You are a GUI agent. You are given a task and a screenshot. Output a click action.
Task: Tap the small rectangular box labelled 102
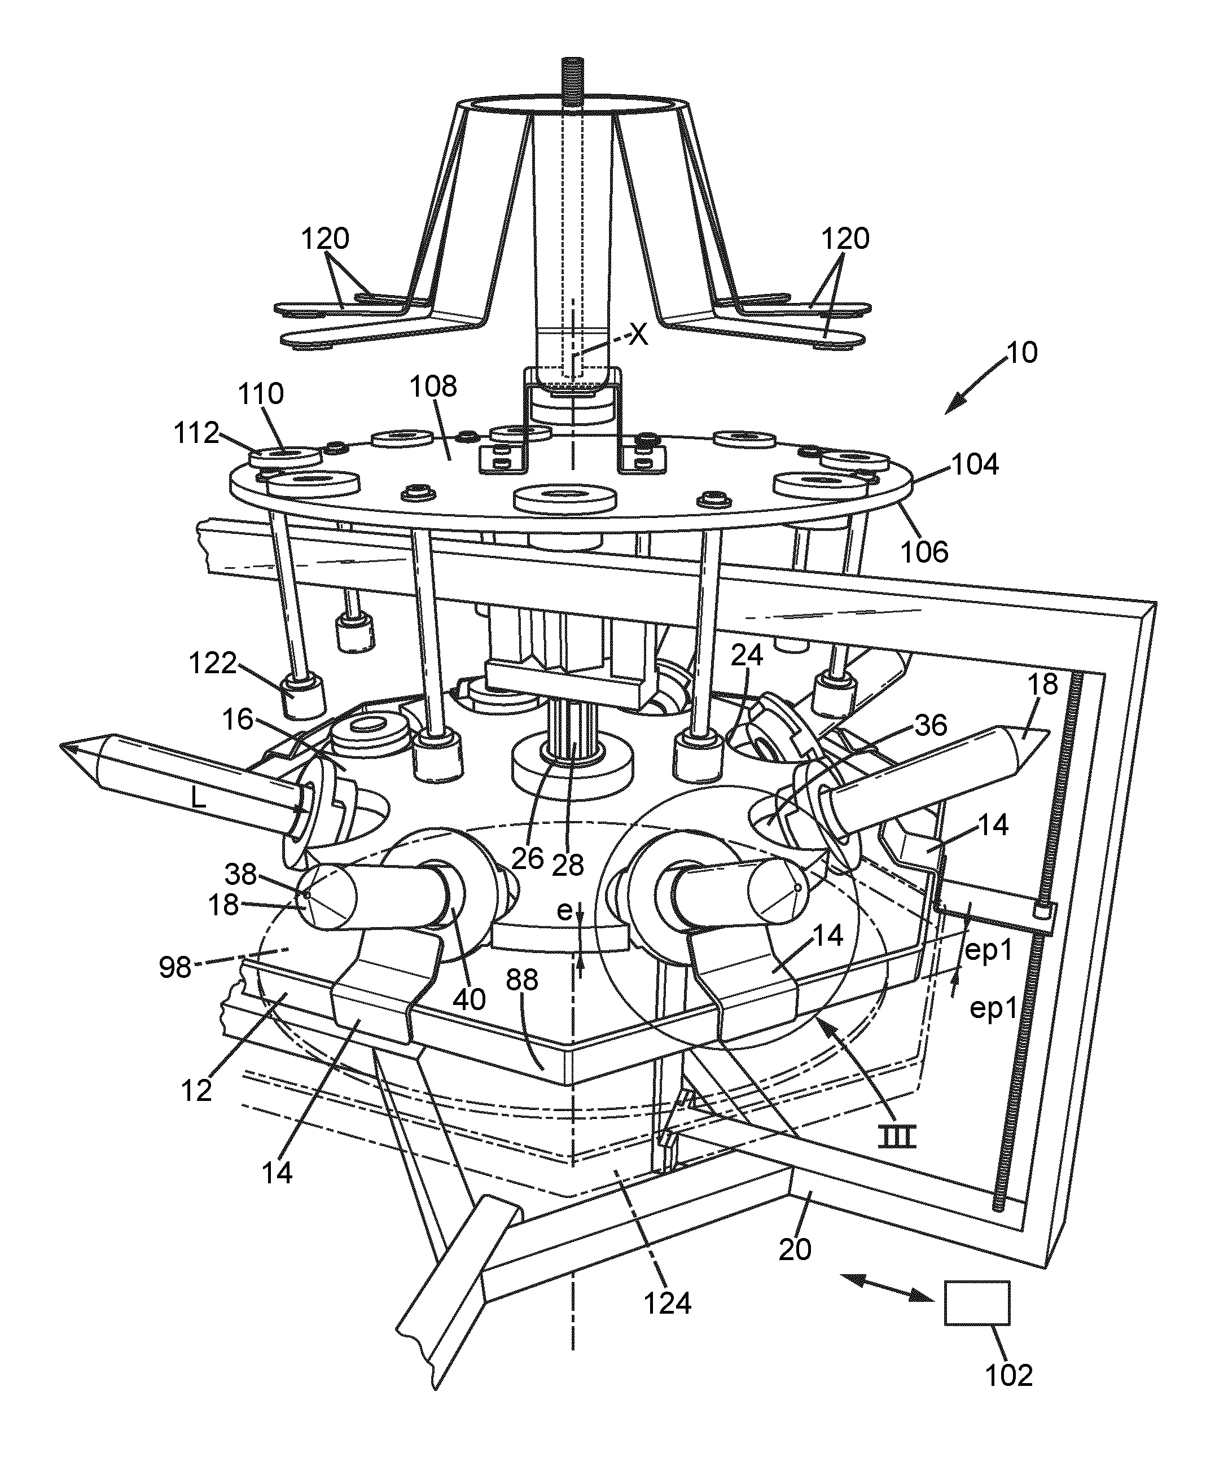click(x=977, y=1302)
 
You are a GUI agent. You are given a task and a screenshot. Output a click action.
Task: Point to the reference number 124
click(x=668, y=1303)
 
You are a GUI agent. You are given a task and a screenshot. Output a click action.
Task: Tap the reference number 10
click(x=1022, y=352)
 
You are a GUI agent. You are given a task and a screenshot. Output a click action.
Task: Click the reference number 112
click(x=196, y=432)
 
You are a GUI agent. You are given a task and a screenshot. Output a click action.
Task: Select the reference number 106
click(x=924, y=551)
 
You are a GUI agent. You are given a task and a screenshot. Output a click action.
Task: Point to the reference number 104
click(x=975, y=464)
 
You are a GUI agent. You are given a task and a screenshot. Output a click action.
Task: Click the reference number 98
click(x=175, y=967)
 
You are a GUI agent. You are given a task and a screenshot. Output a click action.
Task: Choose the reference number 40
click(x=469, y=999)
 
